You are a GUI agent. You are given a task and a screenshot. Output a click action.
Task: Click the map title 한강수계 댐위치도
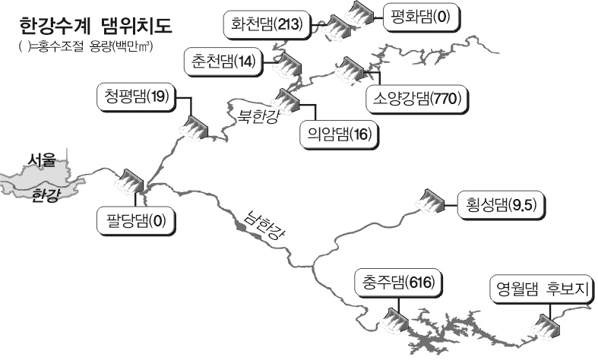click(96, 27)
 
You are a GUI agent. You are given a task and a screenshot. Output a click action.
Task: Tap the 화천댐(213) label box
click(267, 25)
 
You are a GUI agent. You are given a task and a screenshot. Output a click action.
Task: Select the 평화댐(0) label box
click(422, 17)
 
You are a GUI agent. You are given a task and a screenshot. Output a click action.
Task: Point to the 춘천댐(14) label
click(223, 62)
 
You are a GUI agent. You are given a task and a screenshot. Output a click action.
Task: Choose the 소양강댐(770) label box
click(417, 99)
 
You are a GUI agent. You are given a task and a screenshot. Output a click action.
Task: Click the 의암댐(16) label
click(340, 134)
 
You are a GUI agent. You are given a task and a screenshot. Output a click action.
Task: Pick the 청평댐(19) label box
click(137, 97)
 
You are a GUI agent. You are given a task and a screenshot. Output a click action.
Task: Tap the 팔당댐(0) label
click(136, 220)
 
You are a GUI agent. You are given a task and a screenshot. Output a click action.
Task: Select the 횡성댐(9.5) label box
click(501, 206)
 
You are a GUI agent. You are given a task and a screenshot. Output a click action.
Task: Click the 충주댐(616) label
click(398, 283)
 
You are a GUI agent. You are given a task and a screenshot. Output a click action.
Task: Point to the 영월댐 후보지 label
click(542, 289)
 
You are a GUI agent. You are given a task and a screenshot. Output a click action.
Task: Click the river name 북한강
click(258, 116)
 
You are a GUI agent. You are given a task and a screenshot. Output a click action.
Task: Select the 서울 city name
click(42, 160)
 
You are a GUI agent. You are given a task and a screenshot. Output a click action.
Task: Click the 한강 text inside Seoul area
click(46, 196)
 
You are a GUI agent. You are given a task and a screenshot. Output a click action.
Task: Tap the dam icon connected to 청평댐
click(194, 128)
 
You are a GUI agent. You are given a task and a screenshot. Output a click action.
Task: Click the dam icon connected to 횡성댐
click(430, 201)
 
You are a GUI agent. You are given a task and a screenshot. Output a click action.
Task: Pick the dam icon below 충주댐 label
click(394, 321)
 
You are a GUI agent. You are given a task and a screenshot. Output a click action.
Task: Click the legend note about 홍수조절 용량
click(85, 47)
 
